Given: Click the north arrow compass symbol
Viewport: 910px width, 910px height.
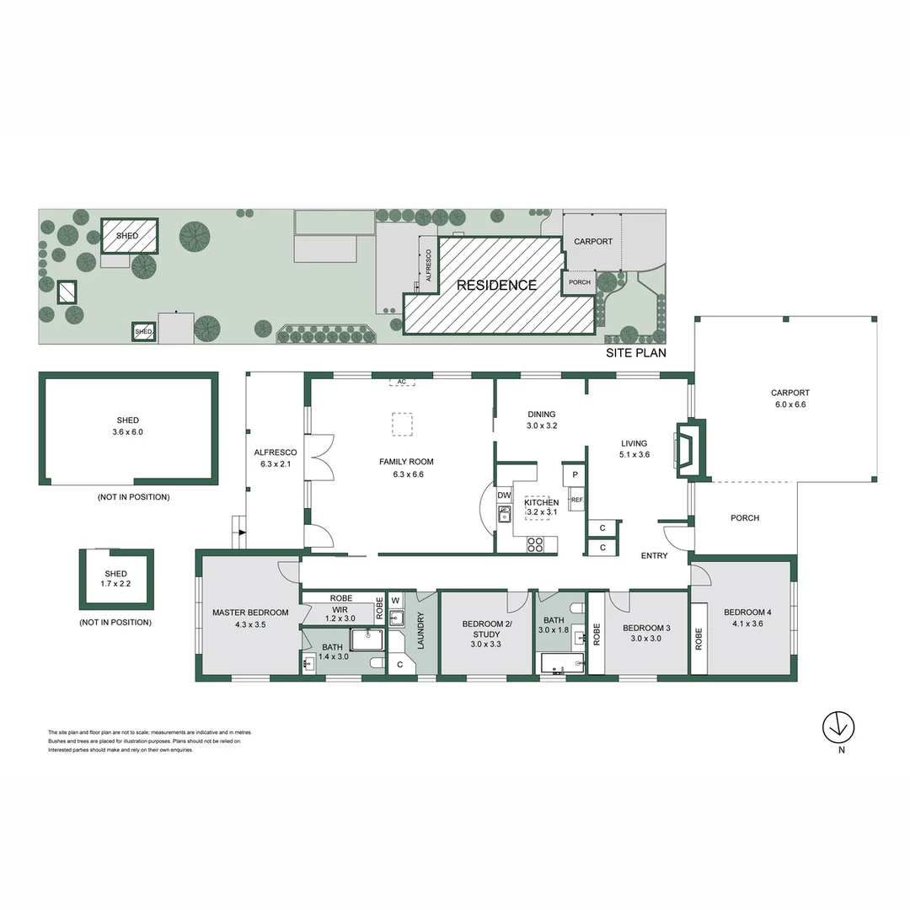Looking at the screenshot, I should pos(838,725).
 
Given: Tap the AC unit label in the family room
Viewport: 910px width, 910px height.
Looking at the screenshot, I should pos(402,382).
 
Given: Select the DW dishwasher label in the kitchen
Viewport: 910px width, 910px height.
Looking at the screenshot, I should pos(504,495).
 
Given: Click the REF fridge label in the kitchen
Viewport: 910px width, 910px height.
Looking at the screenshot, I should pos(576,500).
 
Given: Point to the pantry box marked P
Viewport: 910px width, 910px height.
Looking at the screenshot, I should pos(575,474).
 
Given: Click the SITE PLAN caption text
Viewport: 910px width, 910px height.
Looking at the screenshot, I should pos(635,353).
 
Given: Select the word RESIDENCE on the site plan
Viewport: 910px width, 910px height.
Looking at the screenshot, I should pos(496,286).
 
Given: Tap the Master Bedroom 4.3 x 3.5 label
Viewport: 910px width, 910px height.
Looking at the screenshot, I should pos(250,618).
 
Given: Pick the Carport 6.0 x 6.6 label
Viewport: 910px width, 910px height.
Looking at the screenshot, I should pos(790,399).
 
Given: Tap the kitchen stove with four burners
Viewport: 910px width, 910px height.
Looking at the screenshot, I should pos(535,544).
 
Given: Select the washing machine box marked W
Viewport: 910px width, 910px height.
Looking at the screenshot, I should pos(395,601).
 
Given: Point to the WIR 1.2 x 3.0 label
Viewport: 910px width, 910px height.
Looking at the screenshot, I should pos(340,613).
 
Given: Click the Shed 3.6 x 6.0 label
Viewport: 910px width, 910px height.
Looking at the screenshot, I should pos(128,426).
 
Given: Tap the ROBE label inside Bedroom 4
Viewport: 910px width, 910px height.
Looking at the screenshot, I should pos(699,639).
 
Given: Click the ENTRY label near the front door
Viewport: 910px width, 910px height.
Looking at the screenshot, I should pos(654,555).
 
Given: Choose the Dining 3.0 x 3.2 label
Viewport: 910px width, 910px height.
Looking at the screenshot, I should pos(542,420).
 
